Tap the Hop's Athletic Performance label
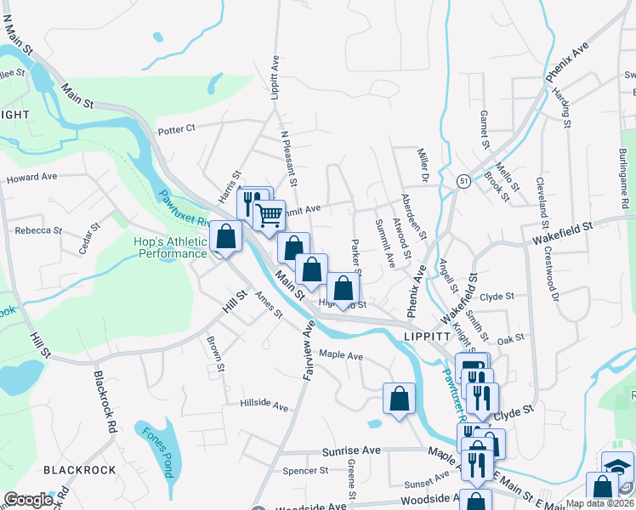click(170, 247)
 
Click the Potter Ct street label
click(177, 128)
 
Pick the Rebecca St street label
click(38, 230)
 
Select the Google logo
click(28, 501)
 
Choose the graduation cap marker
click(618, 466)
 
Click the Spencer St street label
click(305, 470)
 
